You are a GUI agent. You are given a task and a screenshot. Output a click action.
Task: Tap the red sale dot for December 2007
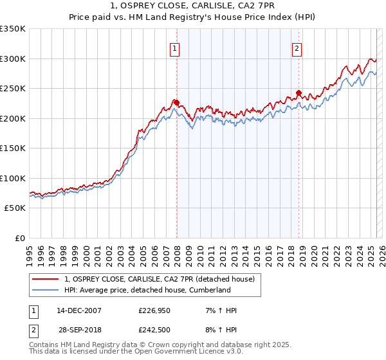176,102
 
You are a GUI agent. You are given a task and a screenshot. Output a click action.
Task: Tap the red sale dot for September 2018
299,93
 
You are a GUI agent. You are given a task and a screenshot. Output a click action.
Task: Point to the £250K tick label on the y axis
13,88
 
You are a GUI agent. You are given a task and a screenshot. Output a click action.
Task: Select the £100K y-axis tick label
13,178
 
